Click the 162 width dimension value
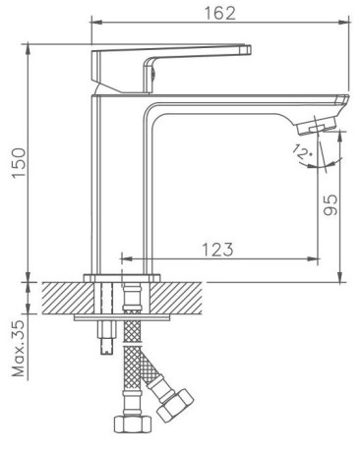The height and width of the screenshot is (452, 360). tap(219, 13)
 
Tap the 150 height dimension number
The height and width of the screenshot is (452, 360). tap(19, 163)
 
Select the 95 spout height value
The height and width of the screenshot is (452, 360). tap(330, 204)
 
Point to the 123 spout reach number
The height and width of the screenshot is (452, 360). tap(217, 250)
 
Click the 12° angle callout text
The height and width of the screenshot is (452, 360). tap(302, 151)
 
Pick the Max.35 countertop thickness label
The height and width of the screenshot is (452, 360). tap(19, 348)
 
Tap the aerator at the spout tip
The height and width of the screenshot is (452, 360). tap(317, 125)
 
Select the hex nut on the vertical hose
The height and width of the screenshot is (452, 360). tap(132, 424)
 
